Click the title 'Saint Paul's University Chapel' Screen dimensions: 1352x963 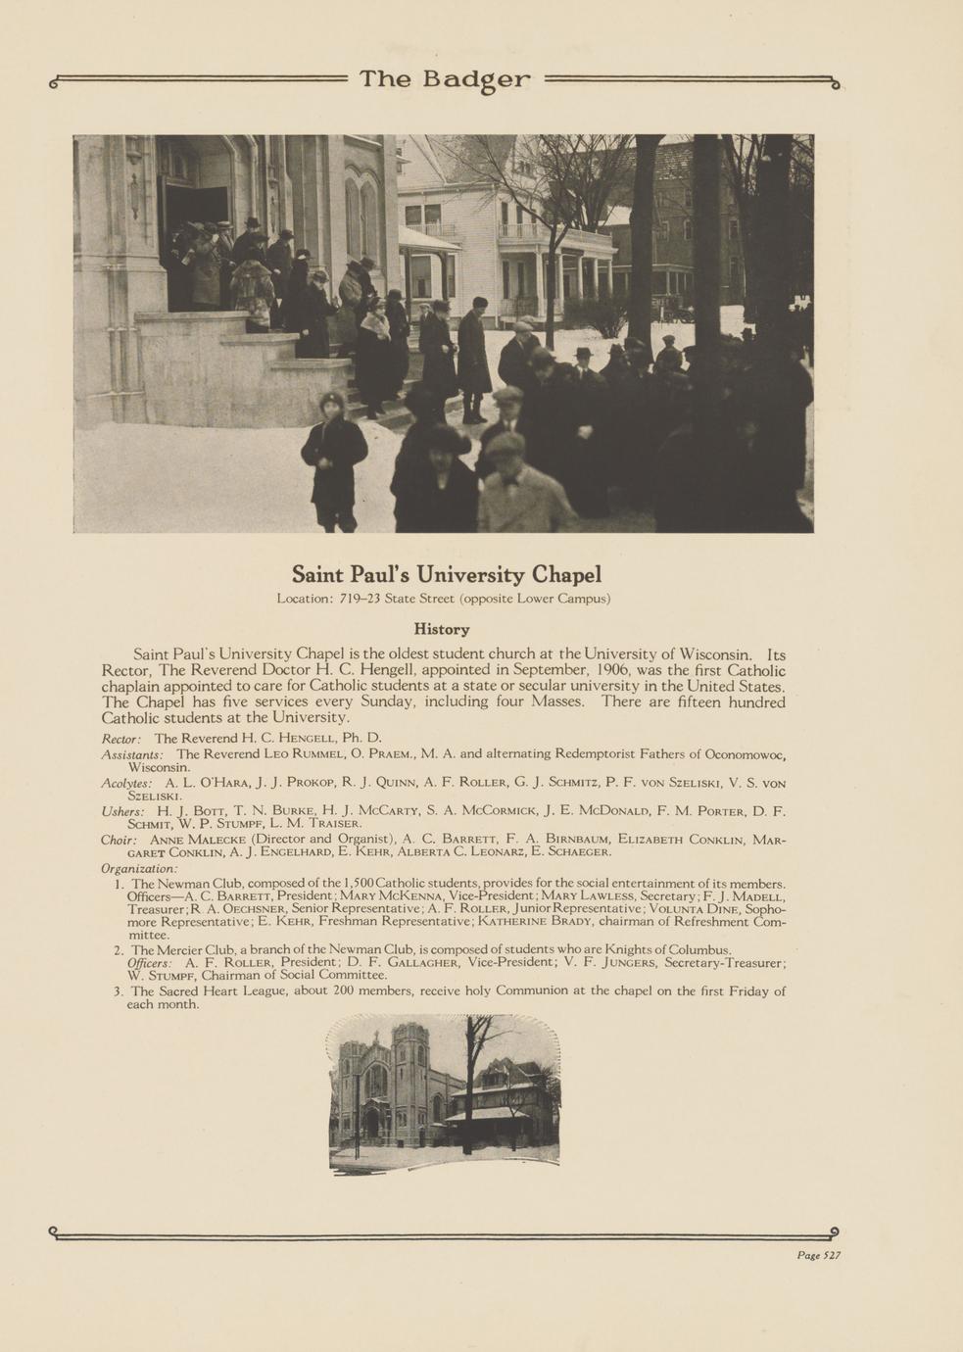pos(446,574)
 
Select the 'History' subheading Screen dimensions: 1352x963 pos(442,629)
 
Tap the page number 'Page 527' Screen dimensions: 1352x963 pos(818,1255)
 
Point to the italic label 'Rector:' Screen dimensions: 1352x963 pos(121,738)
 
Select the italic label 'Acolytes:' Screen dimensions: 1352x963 pos(126,784)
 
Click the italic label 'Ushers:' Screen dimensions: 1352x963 pos(123,812)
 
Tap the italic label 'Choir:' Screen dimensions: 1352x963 pos(119,841)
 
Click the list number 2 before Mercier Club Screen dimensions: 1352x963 pos(118,950)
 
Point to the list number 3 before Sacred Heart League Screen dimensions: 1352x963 pos(118,991)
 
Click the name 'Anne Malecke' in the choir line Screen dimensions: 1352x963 pos(198,841)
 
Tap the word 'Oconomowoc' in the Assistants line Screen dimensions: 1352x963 pos(746,754)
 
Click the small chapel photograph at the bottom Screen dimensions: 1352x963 pos(444,1092)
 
